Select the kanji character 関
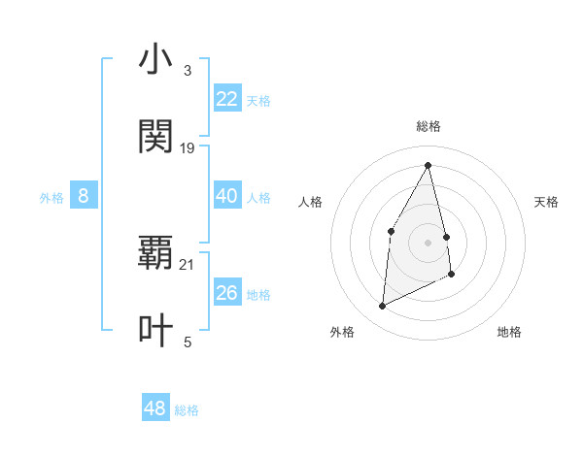(155, 138)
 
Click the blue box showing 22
(227, 99)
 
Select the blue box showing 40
(227, 196)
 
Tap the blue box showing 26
(227, 293)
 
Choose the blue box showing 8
(84, 196)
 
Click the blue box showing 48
(155, 408)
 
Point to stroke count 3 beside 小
(187, 71)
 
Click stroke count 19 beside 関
(188, 148)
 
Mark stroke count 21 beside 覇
(188, 264)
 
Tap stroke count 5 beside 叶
(187, 342)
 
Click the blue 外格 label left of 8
(51, 197)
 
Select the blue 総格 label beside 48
(187, 410)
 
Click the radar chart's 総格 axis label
(429, 126)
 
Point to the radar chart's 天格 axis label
(547, 202)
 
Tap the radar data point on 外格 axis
(383, 307)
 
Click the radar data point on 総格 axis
(429, 165)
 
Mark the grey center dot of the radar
(429, 243)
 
